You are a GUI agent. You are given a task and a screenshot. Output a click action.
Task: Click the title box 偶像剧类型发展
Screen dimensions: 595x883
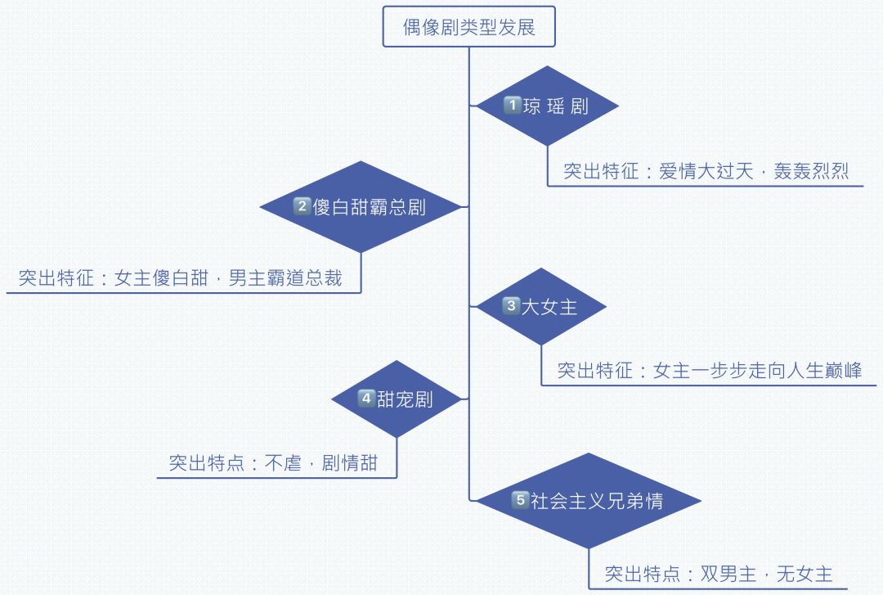[x=469, y=28]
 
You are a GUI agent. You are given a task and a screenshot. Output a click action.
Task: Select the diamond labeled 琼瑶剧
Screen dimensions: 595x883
[x=547, y=106]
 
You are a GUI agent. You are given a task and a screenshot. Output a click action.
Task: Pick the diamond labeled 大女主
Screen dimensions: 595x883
[x=541, y=307]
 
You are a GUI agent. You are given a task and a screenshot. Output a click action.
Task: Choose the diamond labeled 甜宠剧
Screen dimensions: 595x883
[x=397, y=399]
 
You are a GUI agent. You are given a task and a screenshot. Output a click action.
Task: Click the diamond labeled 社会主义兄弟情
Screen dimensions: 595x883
[x=589, y=501]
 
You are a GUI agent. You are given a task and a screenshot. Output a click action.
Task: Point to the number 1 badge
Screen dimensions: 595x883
[x=512, y=106]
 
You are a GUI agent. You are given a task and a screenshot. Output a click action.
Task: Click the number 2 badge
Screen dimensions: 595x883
[x=302, y=206]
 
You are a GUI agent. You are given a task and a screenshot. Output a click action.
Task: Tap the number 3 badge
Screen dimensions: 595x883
[x=510, y=307]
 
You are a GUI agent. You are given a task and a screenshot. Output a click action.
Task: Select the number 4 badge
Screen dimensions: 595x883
[x=366, y=399]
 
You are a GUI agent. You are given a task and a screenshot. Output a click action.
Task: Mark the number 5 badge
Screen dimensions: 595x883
[x=520, y=501]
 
